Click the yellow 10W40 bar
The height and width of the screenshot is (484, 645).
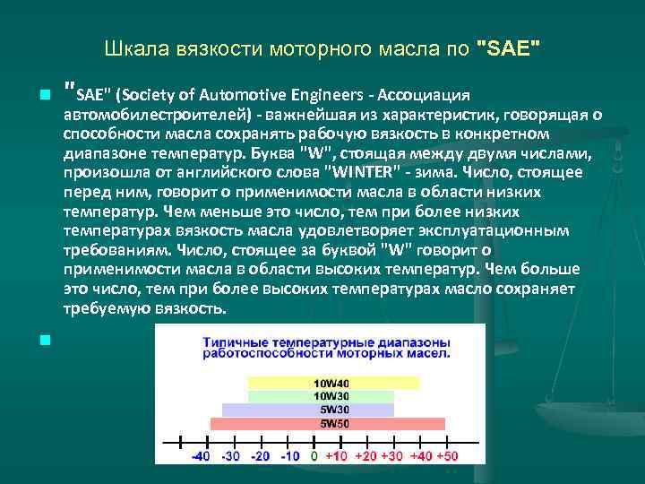point(332,383)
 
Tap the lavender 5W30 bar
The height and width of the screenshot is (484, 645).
point(308,410)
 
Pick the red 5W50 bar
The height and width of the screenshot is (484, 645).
point(329,423)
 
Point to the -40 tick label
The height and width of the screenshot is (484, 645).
point(202,456)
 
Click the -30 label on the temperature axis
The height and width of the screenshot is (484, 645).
point(232,456)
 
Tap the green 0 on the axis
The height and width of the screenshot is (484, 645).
point(314,456)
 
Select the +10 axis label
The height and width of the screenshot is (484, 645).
point(336,456)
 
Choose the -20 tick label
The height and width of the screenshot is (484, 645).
point(261,456)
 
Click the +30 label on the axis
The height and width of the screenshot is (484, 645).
point(391,456)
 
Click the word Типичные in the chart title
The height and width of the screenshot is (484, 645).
point(236,342)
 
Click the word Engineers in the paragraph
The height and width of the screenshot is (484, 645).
point(328,95)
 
